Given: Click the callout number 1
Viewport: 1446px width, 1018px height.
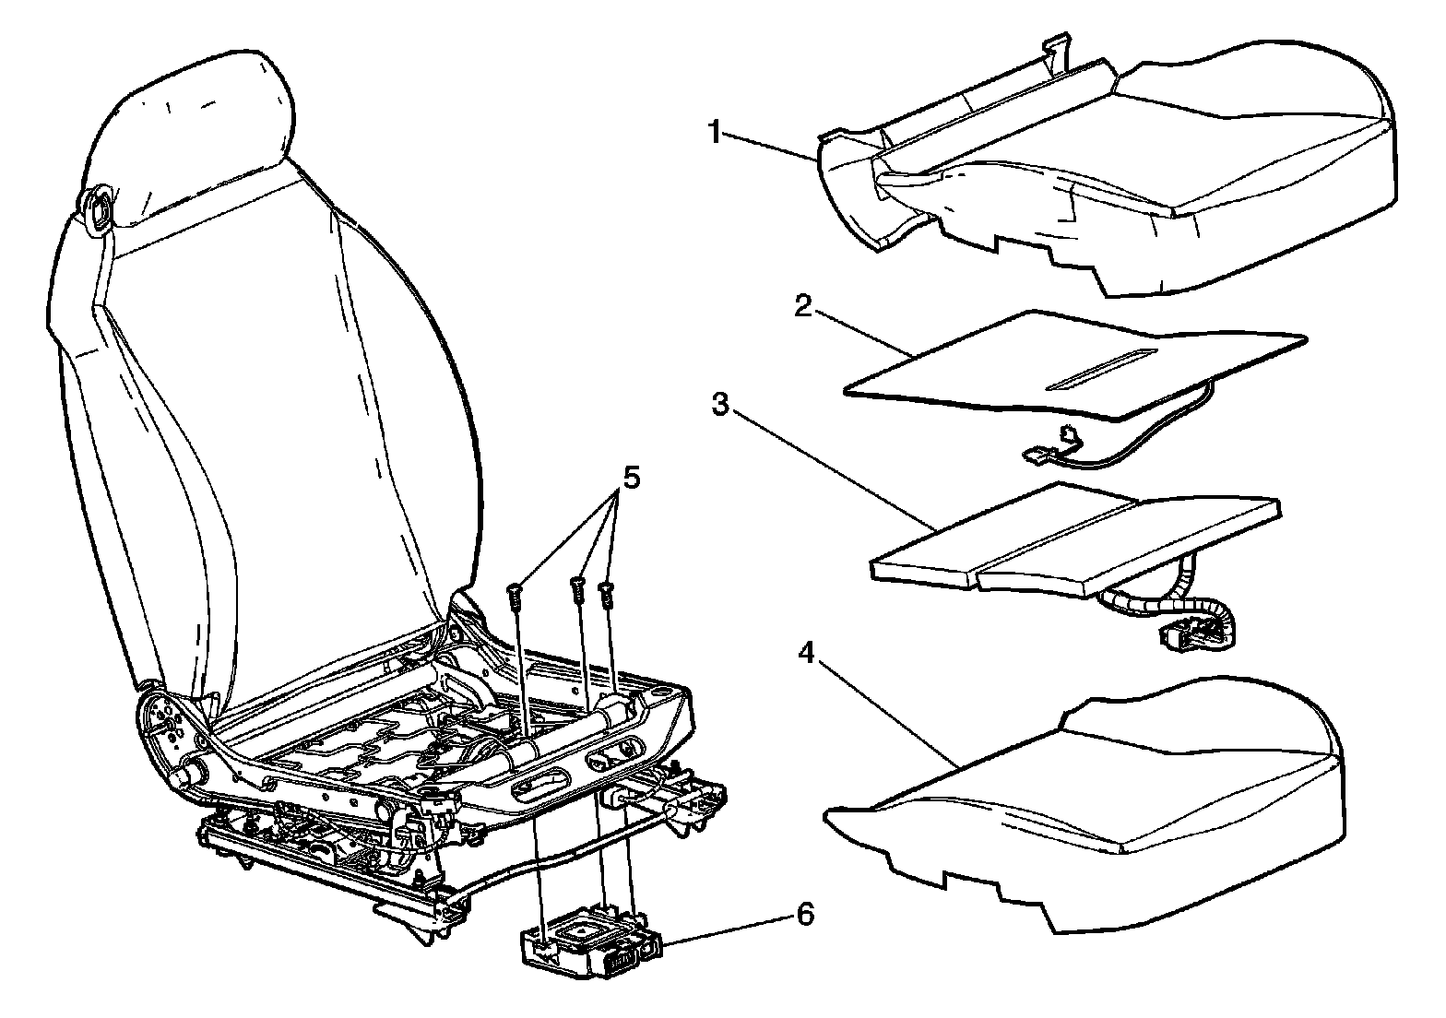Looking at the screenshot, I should [x=714, y=132].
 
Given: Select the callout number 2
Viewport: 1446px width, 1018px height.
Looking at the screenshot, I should [x=802, y=306].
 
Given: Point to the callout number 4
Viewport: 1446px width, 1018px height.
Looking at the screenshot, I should [x=806, y=654].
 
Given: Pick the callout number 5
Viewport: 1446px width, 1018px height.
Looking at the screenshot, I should [x=631, y=478].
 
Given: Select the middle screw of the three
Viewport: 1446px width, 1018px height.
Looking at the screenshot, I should [x=577, y=589].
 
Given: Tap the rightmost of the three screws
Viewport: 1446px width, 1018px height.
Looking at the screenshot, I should [x=606, y=594].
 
